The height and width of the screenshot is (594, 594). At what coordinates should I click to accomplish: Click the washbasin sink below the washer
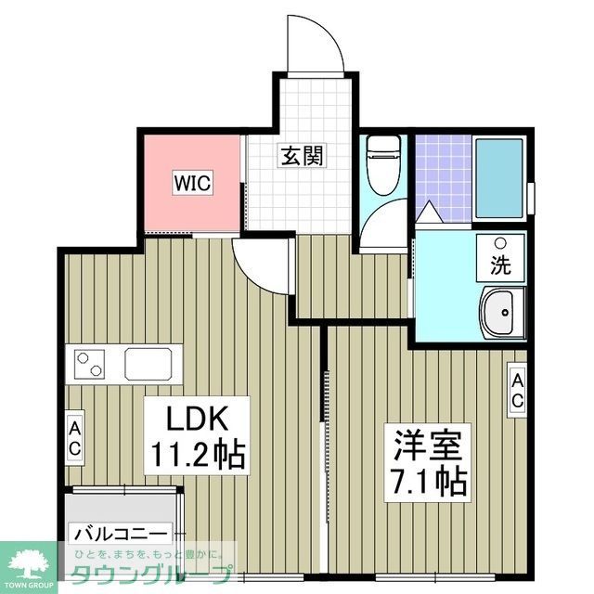click(x=501, y=313)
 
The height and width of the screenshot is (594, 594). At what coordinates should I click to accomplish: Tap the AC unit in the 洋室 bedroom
click(x=516, y=389)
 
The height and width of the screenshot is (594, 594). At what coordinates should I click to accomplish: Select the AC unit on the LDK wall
click(x=74, y=437)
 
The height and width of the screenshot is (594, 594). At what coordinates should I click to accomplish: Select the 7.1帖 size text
click(x=427, y=481)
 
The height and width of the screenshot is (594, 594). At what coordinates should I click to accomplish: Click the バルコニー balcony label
click(x=121, y=535)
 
